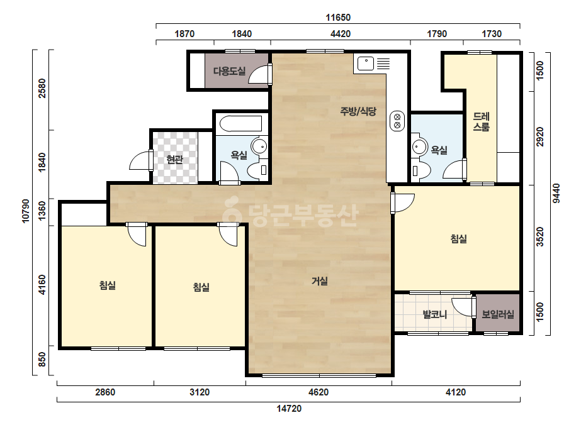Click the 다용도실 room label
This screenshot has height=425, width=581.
(229, 71)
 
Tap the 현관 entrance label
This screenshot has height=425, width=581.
(174, 160)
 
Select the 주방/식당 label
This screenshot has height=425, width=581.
(358, 111)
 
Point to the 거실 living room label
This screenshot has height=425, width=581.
(319, 282)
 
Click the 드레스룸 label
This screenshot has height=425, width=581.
(482, 122)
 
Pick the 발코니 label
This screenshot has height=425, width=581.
(435, 315)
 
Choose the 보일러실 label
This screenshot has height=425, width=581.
(498, 315)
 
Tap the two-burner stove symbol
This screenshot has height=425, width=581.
(397, 121)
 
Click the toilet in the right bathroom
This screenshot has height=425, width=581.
(421, 170)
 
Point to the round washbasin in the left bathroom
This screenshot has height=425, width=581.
(259, 146)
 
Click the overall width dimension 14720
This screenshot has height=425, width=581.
(289, 409)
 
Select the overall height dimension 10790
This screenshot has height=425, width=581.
(26, 211)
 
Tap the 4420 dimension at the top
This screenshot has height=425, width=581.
(340, 34)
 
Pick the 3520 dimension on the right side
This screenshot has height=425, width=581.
(540, 237)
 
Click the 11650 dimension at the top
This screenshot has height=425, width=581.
(338, 18)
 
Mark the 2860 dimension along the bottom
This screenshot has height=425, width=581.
(105, 392)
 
